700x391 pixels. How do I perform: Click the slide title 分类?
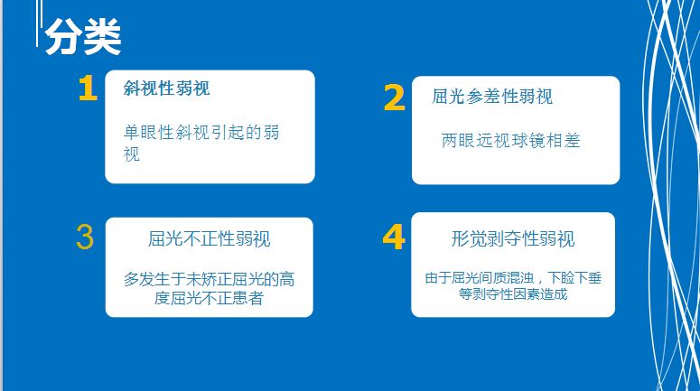point(83,37)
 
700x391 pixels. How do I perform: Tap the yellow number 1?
point(88,88)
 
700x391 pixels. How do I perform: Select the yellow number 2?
point(394,98)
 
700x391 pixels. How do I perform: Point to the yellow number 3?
point(85,237)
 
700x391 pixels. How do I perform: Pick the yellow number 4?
point(394,237)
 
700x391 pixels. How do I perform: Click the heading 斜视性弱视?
point(166,88)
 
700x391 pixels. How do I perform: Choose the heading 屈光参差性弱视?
point(492,97)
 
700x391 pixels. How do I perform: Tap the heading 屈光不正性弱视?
point(209,238)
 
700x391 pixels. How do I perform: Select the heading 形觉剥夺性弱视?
point(513,238)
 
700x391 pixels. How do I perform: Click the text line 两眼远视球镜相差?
point(510,141)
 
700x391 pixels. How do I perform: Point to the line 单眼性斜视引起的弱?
point(201,132)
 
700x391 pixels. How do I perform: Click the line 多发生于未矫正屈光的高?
point(209,279)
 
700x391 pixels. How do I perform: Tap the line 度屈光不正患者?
point(209,298)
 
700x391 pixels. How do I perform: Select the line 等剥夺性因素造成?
point(513,294)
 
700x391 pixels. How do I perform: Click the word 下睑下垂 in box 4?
point(574,278)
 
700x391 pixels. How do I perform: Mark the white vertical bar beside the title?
point(39,23)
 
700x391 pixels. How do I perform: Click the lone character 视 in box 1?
point(132,154)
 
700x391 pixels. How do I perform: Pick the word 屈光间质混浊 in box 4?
point(492,278)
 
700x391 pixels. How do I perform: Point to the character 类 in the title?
point(102,37)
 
